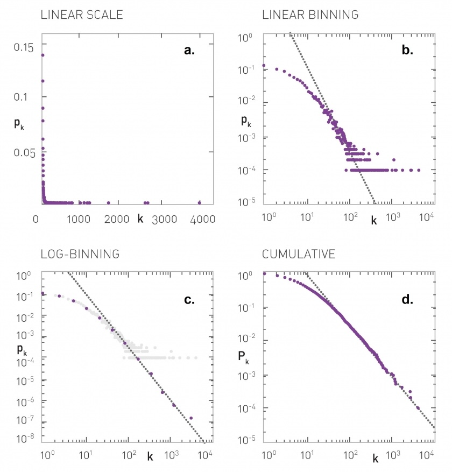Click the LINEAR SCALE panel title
click(x=82, y=15)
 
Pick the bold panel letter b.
click(x=407, y=51)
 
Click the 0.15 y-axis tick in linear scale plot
click(x=22, y=47)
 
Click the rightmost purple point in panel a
click(x=200, y=203)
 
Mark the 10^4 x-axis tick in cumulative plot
click(x=427, y=455)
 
